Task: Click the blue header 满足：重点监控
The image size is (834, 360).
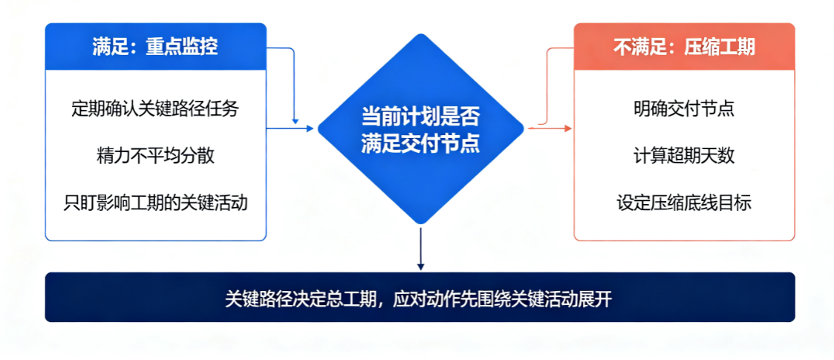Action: (x=155, y=47)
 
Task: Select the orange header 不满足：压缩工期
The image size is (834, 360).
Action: (x=684, y=47)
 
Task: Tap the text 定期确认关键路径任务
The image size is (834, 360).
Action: (x=155, y=109)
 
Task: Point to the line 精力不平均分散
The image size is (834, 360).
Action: (x=155, y=156)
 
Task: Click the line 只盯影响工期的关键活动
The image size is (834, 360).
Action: (x=155, y=203)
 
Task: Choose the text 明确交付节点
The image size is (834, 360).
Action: (x=684, y=109)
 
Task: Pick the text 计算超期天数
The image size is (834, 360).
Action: (x=684, y=156)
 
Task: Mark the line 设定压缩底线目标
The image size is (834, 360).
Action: (x=684, y=203)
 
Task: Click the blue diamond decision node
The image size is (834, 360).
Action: (x=421, y=128)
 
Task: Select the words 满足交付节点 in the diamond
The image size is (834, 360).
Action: (x=421, y=143)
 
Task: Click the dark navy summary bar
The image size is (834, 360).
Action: (x=420, y=297)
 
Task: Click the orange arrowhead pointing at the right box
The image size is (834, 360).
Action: (x=567, y=128)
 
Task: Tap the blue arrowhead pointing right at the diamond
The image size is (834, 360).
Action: (x=310, y=128)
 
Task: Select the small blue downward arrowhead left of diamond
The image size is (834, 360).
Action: (x=295, y=122)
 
